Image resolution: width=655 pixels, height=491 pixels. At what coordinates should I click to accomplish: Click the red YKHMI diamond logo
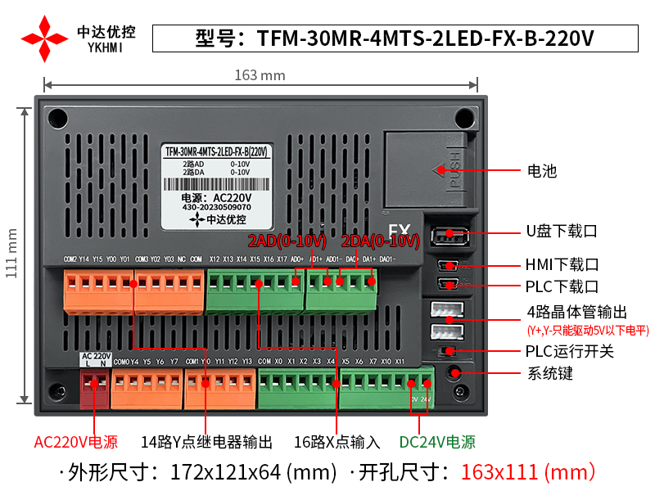click(45, 38)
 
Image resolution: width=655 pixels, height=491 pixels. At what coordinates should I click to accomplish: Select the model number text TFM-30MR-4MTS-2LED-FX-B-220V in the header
click(425, 38)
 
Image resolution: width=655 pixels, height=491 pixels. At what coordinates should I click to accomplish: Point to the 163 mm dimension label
click(260, 75)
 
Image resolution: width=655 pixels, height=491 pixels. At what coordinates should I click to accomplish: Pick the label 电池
click(541, 171)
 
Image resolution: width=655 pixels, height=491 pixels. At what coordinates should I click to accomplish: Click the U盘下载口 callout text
click(562, 232)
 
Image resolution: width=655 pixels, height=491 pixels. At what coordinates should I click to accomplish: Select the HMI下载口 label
click(562, 264)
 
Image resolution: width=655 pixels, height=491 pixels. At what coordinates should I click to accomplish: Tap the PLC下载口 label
click(562, 286)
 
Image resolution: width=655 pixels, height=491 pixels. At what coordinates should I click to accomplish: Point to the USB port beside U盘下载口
click(449, 236)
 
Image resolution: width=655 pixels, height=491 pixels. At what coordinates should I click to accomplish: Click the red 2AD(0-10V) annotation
click(287, 241)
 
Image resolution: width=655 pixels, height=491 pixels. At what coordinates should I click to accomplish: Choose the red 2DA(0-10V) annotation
click(380, 241)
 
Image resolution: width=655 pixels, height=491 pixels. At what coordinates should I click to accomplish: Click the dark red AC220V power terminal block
click(96, 384)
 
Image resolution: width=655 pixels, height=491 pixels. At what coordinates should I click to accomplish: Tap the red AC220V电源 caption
click(75, 442)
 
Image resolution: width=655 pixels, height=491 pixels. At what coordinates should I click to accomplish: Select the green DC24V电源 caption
click(437, 442)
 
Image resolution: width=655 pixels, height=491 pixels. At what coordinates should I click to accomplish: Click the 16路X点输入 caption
click(337, 442)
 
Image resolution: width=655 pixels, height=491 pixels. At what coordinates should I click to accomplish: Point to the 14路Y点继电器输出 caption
click(206, 442)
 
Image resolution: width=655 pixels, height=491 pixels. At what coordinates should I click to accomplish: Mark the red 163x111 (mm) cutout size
click(527, 472)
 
